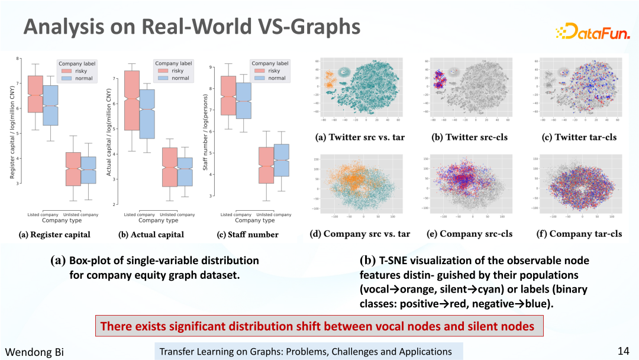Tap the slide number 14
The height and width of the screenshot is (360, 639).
tap(623, 351)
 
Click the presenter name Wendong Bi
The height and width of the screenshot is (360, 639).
tap(34, 352)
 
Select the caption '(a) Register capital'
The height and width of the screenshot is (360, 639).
tap(55, 234)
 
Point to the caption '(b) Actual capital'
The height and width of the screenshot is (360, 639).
tap(151, 234)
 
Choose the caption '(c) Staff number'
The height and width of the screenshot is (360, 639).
tap(248, 234)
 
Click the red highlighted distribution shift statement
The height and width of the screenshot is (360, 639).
tap(317, 326)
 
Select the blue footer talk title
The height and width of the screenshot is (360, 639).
tap(305, 352)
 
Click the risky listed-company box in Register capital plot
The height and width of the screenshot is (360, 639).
tap(35, 94)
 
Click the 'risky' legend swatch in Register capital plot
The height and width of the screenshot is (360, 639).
tap(64, 71)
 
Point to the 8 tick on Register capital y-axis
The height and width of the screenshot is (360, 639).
tap(18, 59)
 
